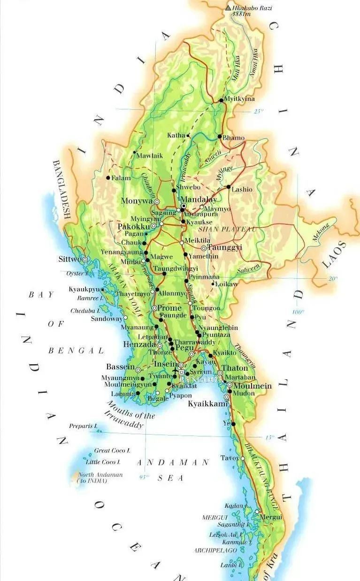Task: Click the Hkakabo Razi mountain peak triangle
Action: (229, 8)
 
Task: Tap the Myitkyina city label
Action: (239, 99)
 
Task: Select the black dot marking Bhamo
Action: (220, 137)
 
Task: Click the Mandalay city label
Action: (199, 199)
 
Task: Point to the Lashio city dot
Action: (229, 187)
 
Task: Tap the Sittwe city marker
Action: (85, 260)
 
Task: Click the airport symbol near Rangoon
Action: (176, 371)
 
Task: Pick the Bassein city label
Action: (121, 367)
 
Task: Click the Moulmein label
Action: (253, 386)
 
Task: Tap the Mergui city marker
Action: (257, 512)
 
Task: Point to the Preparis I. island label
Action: (83, 426)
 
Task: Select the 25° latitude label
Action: (259, 111)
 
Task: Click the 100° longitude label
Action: (298, 312)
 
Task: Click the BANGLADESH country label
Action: (61, 190)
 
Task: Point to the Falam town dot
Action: (108, 178)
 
